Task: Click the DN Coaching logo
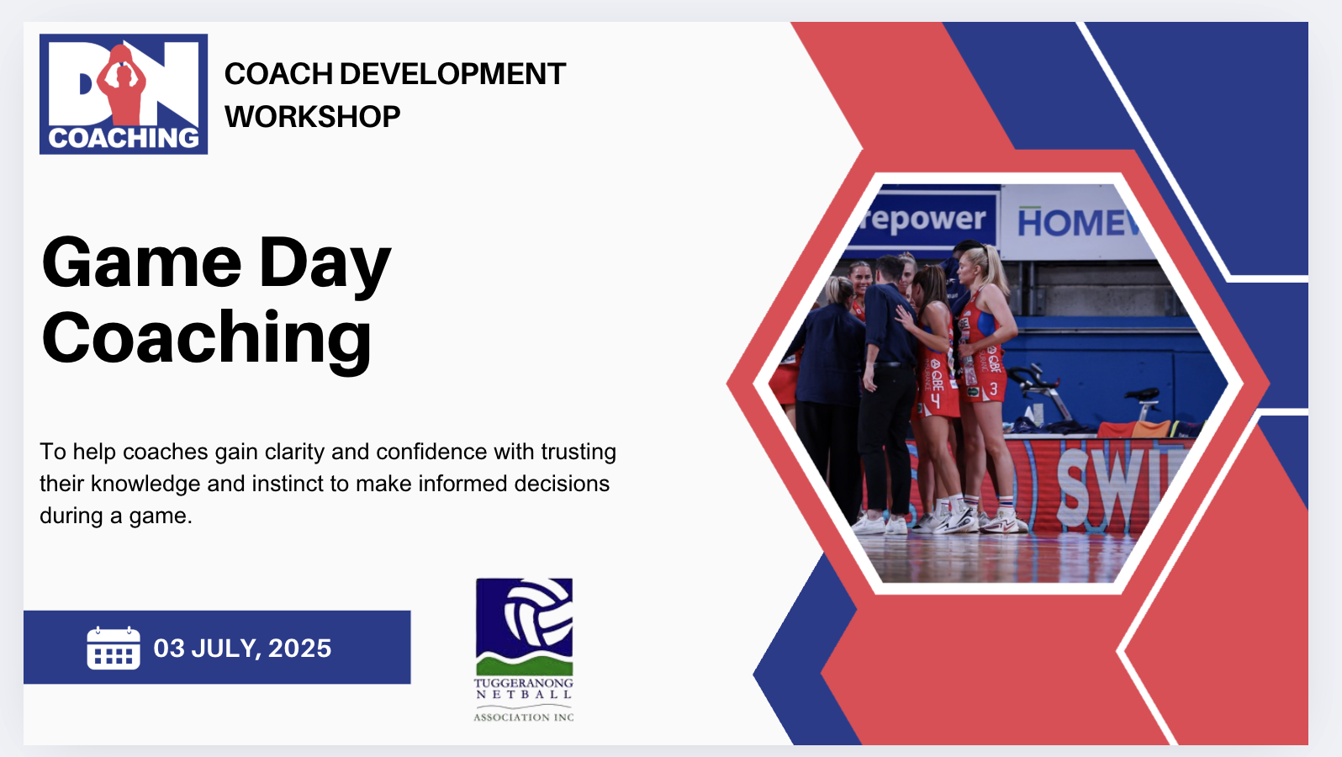[124, 93]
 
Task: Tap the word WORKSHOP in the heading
[312, 117]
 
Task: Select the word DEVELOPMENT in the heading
[452, 74]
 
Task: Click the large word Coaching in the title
[207, 337]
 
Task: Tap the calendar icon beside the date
[114, 648]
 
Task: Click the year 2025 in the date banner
[300, 648]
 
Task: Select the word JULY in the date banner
[225, 648]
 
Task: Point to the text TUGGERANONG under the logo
[524, 683]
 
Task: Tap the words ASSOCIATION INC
[524, 717]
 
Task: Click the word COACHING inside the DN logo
[124, 138]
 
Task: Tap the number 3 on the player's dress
[994, 389]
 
